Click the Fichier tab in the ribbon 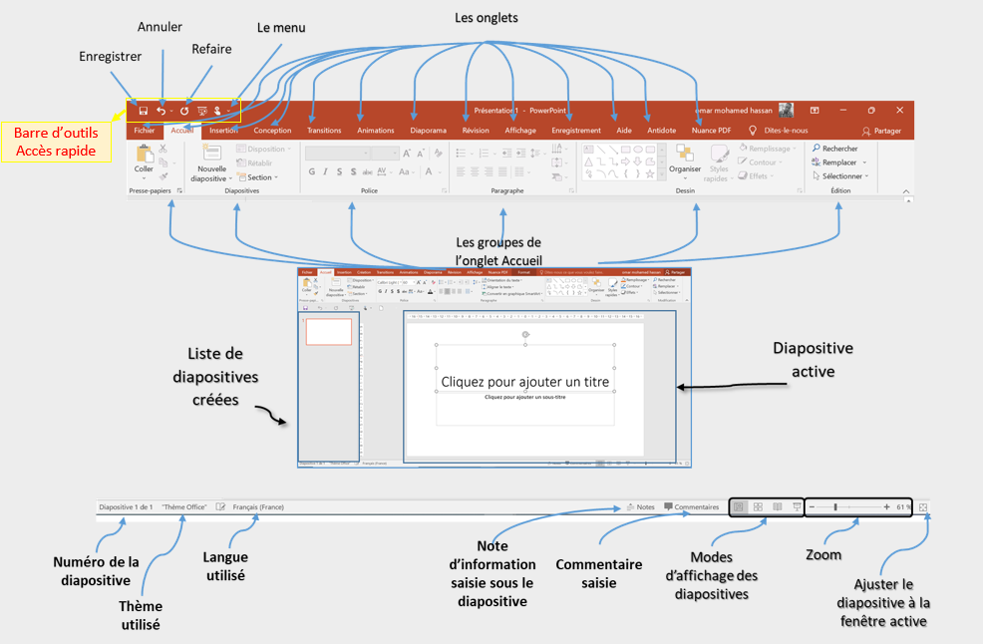pos(145,131)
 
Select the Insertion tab pos(223,131)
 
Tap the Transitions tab pos(324,131)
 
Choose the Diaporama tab pos(429,131)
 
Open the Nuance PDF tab pos(712,131)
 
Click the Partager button pos(881,131)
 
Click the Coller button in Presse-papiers pos(145,161)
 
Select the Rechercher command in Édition pos(834,149)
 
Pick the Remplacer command pos(834,162)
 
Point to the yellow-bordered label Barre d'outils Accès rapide pos(56,142)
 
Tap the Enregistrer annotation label pos(110,57)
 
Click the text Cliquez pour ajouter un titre pos(524,381)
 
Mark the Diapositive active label pos(814,359)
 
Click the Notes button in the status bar pos(640,506)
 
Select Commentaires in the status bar pos(691,506)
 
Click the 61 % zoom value pos(903,506)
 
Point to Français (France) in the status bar pos(258,506)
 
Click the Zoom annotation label pos(822,554)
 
